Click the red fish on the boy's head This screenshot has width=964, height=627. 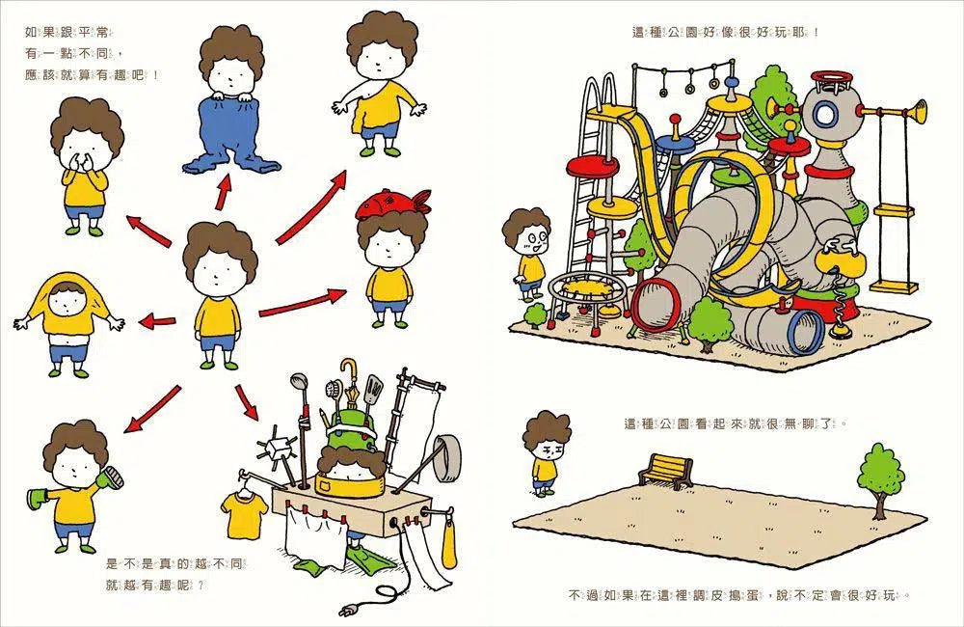pos(392,204)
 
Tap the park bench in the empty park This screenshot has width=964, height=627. pos(666,471)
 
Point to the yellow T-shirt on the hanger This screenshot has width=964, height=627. pos(244,515)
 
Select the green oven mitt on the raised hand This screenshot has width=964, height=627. pos(111,477)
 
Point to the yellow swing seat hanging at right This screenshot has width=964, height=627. pos(895,286)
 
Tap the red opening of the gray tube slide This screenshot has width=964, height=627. pos(656,304)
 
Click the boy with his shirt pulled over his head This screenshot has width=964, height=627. pos(67,325)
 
